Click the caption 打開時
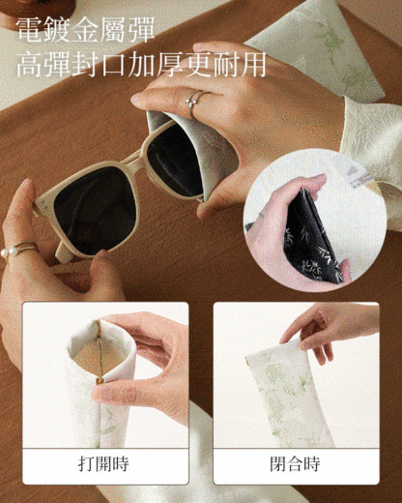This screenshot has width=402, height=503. tap(103, 464)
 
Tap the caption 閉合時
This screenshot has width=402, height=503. tap(295, 464)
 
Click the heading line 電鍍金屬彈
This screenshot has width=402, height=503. tap(86, 30)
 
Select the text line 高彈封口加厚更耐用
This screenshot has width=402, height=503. tap(141, 64)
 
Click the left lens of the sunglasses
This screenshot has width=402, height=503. tap(95, 210)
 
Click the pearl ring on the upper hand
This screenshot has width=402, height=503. tap(194, 100)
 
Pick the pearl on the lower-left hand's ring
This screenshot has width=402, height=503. tap(5, 252)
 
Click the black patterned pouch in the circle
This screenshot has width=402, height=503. tap(311, 237)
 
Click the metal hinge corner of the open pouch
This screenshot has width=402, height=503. tap(100, 381)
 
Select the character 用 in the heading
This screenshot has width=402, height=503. tap(253, 64)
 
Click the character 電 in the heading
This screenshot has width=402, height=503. tap(29, 30)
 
